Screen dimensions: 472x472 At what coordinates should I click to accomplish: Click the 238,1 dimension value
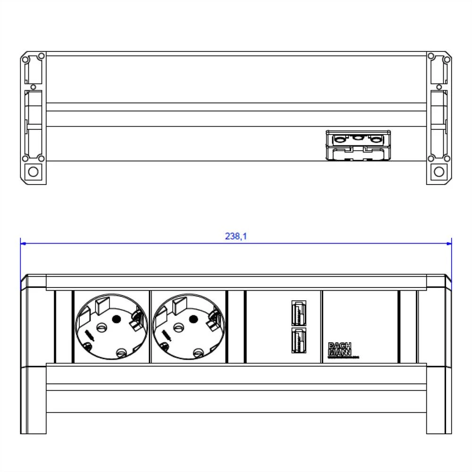click(x=236, y=236)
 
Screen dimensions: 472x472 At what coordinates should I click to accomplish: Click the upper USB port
click(x=298, y=312)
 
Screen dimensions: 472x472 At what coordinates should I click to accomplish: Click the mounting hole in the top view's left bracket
click(x=33, y=172)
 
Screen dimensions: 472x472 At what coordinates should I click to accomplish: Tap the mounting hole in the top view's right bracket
click(x=439, y=172)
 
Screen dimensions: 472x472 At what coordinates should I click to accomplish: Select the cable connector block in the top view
click(x=358, y=145)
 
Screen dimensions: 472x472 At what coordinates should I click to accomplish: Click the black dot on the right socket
click(x=193, y=320)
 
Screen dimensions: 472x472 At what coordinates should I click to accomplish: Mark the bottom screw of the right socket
click(x=199, y=352)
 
